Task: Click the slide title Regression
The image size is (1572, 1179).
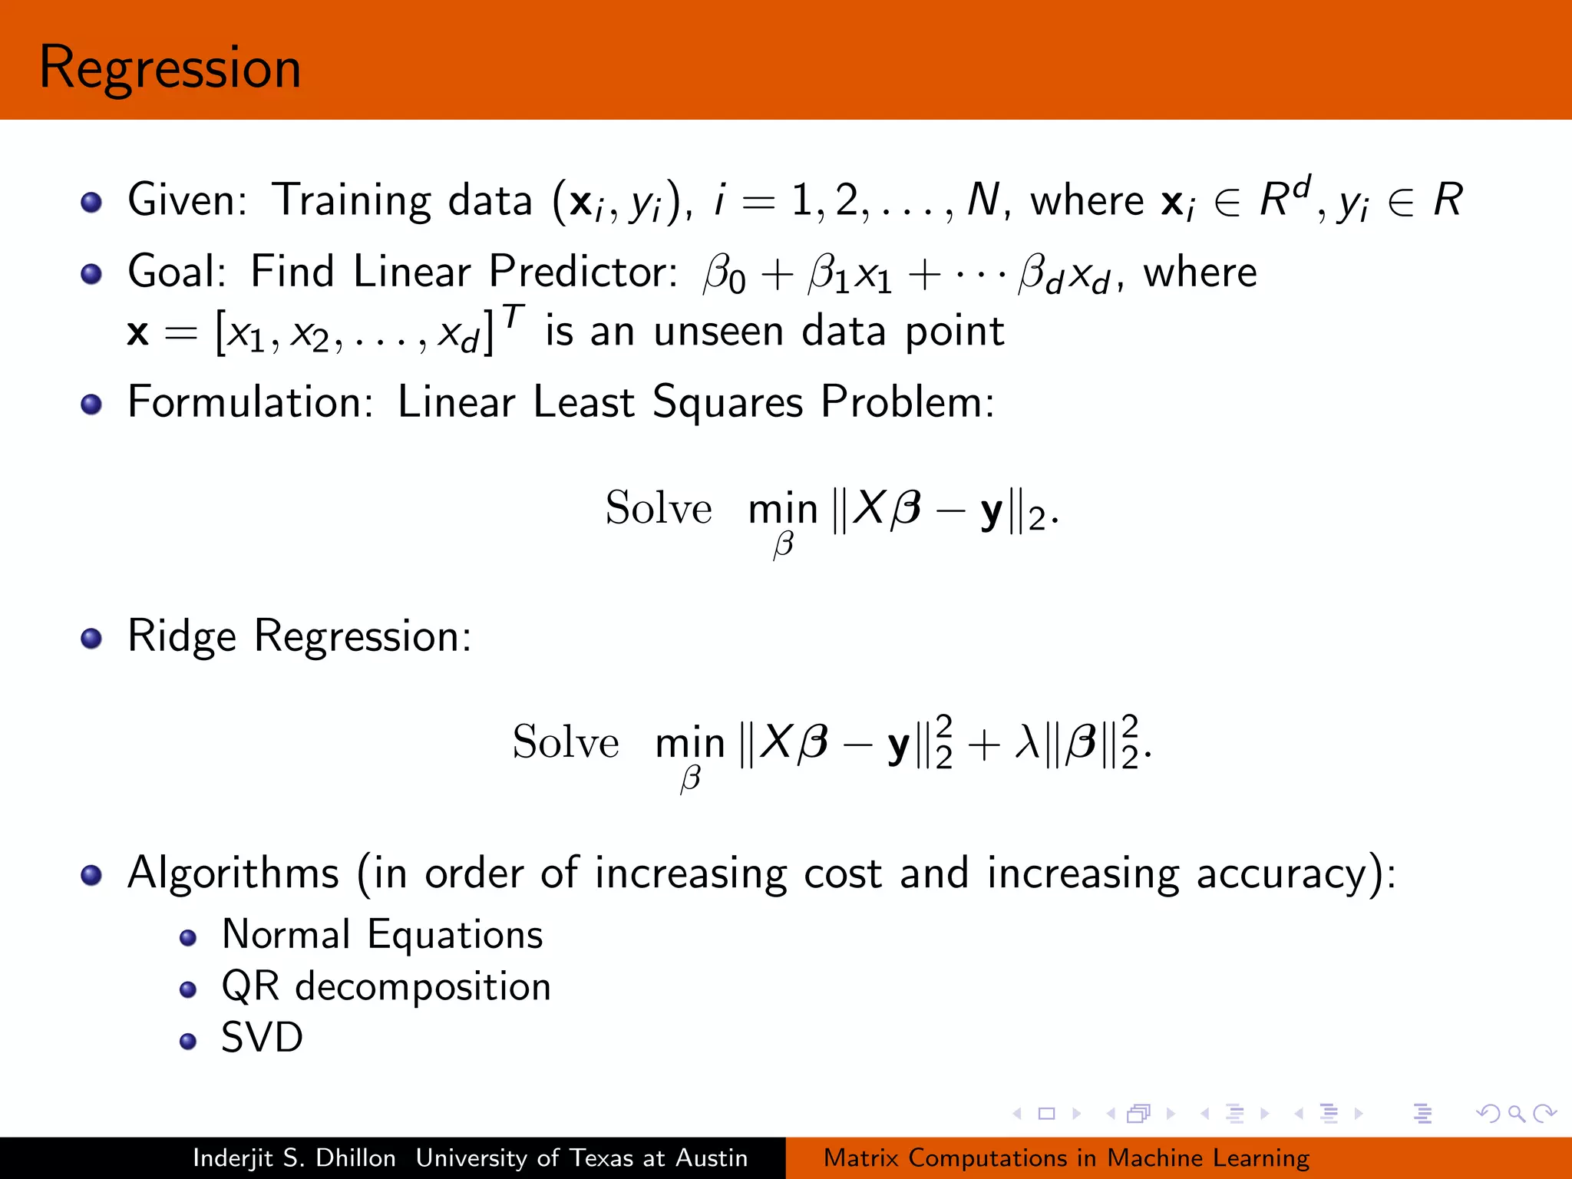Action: [170, 69]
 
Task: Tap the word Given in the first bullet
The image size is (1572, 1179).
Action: [185, 200]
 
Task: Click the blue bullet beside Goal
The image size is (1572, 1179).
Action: [91, 274]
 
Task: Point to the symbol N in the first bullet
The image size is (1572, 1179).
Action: [982, 200]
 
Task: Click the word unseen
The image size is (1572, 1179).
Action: [718, 332]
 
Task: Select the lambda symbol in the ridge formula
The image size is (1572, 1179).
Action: [1027, 742]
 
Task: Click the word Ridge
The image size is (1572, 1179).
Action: [182, 637]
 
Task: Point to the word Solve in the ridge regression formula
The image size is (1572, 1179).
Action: [566, 742]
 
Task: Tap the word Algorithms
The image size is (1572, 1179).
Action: [233, 874]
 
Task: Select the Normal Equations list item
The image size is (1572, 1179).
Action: [382, 935]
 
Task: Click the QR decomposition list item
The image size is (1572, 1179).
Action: [386, 986]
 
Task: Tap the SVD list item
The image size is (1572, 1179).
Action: [263, 1038]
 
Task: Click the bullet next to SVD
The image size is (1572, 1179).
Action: [188, 1041]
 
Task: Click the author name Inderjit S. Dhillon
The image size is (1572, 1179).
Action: [294, 1158]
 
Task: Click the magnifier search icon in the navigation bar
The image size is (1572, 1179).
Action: [1516, 1113]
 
